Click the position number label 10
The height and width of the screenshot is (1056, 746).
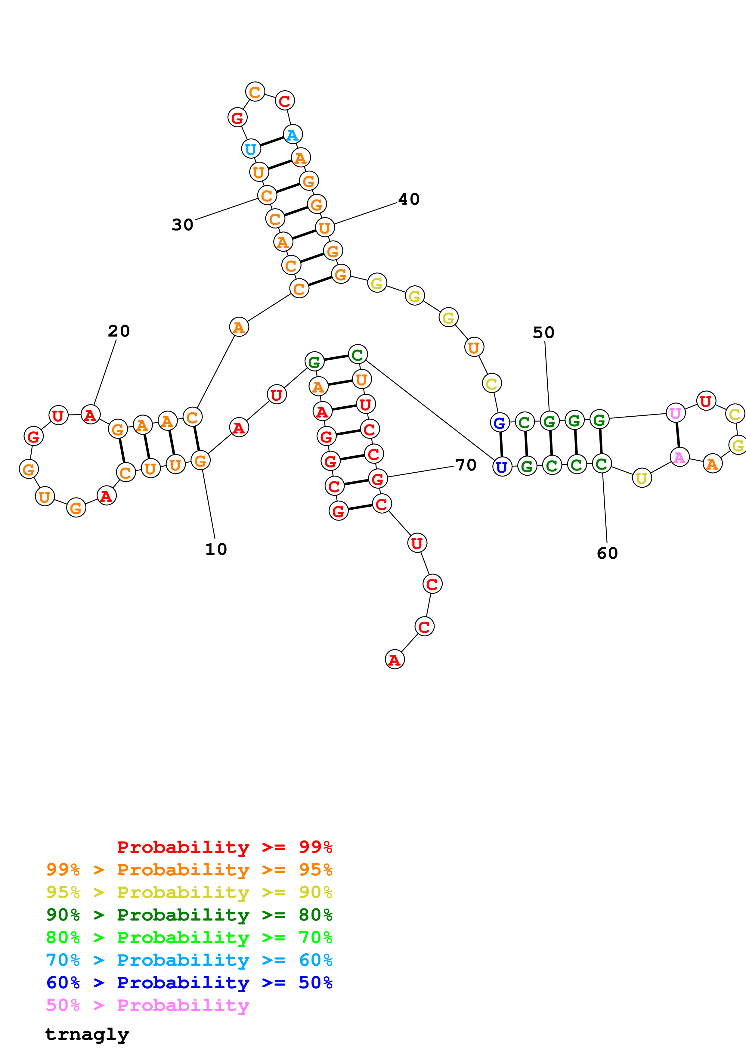[216, 549]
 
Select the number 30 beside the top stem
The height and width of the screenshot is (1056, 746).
[182, 225]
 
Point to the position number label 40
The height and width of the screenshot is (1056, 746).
[409, 199]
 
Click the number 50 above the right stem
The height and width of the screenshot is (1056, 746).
[544, 333]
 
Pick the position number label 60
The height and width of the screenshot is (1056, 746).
[607, 553]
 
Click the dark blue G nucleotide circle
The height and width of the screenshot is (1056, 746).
[500, 422]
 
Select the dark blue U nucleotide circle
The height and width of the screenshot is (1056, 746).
[502, 467]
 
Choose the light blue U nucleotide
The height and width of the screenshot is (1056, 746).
[250, 149]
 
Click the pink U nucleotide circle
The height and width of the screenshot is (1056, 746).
[675, 413]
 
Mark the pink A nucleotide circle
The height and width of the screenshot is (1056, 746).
[679, 457]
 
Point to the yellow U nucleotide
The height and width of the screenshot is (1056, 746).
[642, 478]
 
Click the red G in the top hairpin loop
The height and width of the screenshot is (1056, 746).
[237, 118]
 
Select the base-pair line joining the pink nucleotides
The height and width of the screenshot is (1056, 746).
[677, 435]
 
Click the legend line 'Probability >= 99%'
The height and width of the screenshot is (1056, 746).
[225, 847]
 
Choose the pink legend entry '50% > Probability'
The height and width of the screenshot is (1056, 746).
[147, 1005]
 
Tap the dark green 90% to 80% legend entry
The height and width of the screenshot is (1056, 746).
[189, 915]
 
